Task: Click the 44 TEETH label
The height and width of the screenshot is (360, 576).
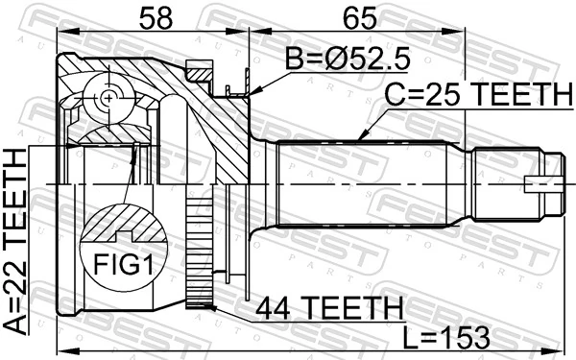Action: (328, 308)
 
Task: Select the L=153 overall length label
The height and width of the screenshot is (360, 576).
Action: (447, 337)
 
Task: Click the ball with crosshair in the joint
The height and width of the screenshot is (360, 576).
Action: (108, 98)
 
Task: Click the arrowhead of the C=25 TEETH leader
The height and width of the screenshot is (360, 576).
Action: (361, 140)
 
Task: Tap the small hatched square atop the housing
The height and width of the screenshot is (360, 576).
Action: (200, 70)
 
